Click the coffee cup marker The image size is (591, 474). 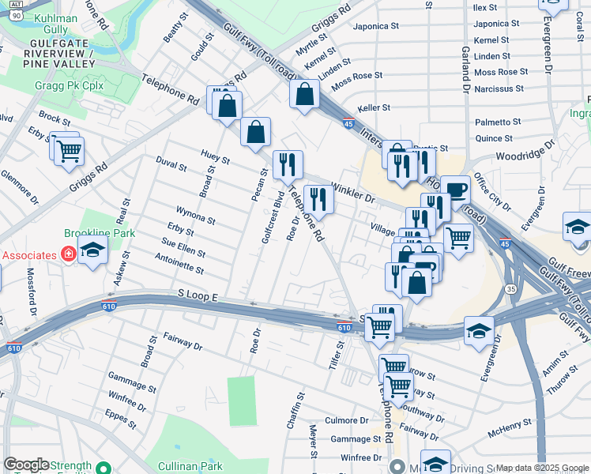point(455,190)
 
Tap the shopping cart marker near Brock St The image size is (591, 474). point(70,149)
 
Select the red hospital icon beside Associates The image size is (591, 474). point(69,254)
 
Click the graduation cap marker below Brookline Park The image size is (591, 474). point(93,253)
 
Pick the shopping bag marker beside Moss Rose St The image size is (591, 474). point(304,96)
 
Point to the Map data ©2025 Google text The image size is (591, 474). point(542,468)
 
